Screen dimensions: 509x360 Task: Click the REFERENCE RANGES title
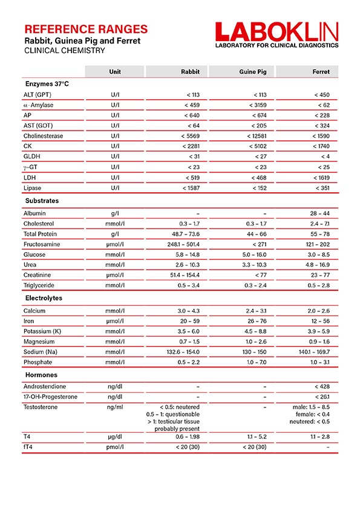pyautogui.click(x=85, y=28)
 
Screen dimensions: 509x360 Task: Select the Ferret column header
pyautogui.click(x=321, y=72)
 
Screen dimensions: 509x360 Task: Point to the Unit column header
pyautogui.click(x=115, y=72)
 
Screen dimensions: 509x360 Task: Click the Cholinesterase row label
pyautogui.click(x=43, y=136)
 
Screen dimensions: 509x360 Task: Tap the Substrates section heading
pyautogui.click(x=42, y=201)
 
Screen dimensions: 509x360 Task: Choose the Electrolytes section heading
pyautogui.click(x=44, y=298)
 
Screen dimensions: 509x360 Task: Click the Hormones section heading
pyautogui.click(x=41, y=375)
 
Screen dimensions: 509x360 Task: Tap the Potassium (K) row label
pyautogui.click(x=46, y=332)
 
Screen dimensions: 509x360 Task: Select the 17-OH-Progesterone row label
pyautogui.click(x=51, y=397)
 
